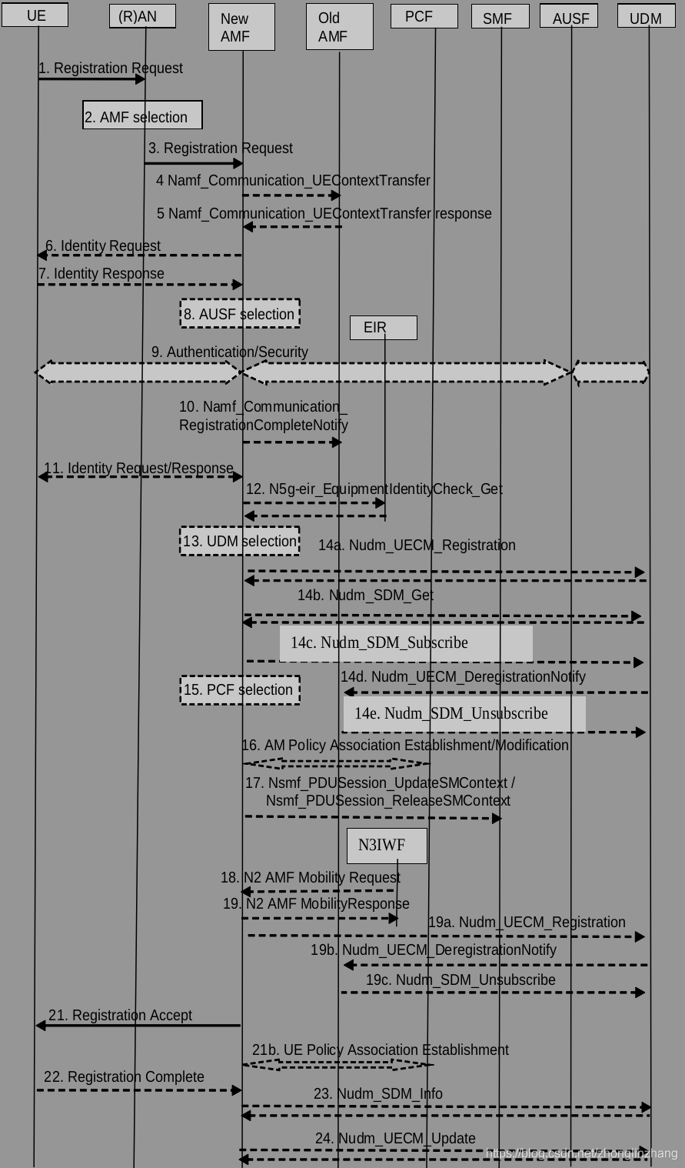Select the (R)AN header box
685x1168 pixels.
pyautogui.click(x=142, y=16)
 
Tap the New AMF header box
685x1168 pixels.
pyautogui.click(x=241, y=28)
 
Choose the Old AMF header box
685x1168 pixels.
pyautogui.click(x=339, y=28)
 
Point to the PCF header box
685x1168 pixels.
pyautogui.click(x=424, y=16)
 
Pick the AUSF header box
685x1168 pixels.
pyautogui.click(x=569, y=16)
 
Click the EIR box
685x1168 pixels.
pyautogui.click(x=383, y=328)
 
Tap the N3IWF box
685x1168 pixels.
pyautogui.click(x=386, y=846)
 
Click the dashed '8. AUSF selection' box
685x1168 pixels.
pyautogui.click(x=240, y=314)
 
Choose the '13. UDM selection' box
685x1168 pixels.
pyautogui.click(x=240, y=541)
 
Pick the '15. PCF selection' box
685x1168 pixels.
pyautogui.click(x=240, y=690)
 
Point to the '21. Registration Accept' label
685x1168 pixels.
pyautogui.click(x=121, y=1016)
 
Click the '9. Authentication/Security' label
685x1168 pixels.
pyautogui.click(x=230, y=352)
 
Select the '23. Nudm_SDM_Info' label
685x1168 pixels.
pyautogui.click(x=378, y=1094)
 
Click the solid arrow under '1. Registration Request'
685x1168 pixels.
pyautogui.click(x=91, y=78)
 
